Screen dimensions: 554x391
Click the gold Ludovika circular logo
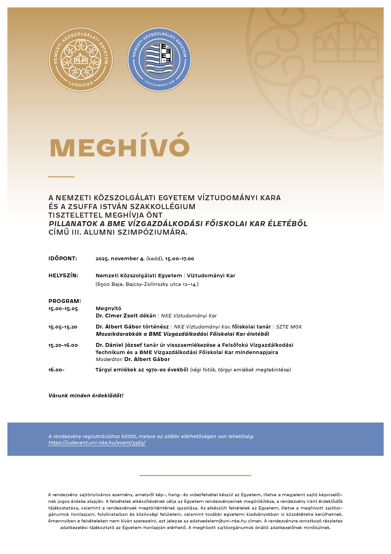(x=81, y=59)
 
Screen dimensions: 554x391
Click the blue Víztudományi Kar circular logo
(x=159, y=59)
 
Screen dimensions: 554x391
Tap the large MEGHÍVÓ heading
(x=120, y=148)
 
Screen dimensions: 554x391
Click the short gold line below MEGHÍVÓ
(x=61, y=177)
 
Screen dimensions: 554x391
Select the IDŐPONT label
(x=62, y=258)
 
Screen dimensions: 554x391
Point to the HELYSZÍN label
(x=63, y=275)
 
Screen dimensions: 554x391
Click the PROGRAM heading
(x=65, y=301)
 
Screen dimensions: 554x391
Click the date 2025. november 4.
(x=120, y=258)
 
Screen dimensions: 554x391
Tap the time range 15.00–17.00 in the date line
(x=179, y=258)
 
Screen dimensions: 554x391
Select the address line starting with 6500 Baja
(x=147, y=284)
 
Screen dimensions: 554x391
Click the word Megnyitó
(x=108, y=308)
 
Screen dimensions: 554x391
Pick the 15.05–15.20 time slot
(x=63, y=327)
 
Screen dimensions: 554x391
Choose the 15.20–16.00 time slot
(x=63, y=345)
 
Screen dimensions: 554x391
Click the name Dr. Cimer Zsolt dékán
(x=126, y=316)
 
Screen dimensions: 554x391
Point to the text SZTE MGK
(x=289, y=327)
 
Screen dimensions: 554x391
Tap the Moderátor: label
(x=109, y=359)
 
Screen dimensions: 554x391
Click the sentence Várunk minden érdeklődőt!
(x=86, y=395)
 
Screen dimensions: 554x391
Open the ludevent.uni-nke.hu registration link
(x=97, y=443)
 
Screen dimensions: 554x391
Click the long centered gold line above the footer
(x=195, y=475)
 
